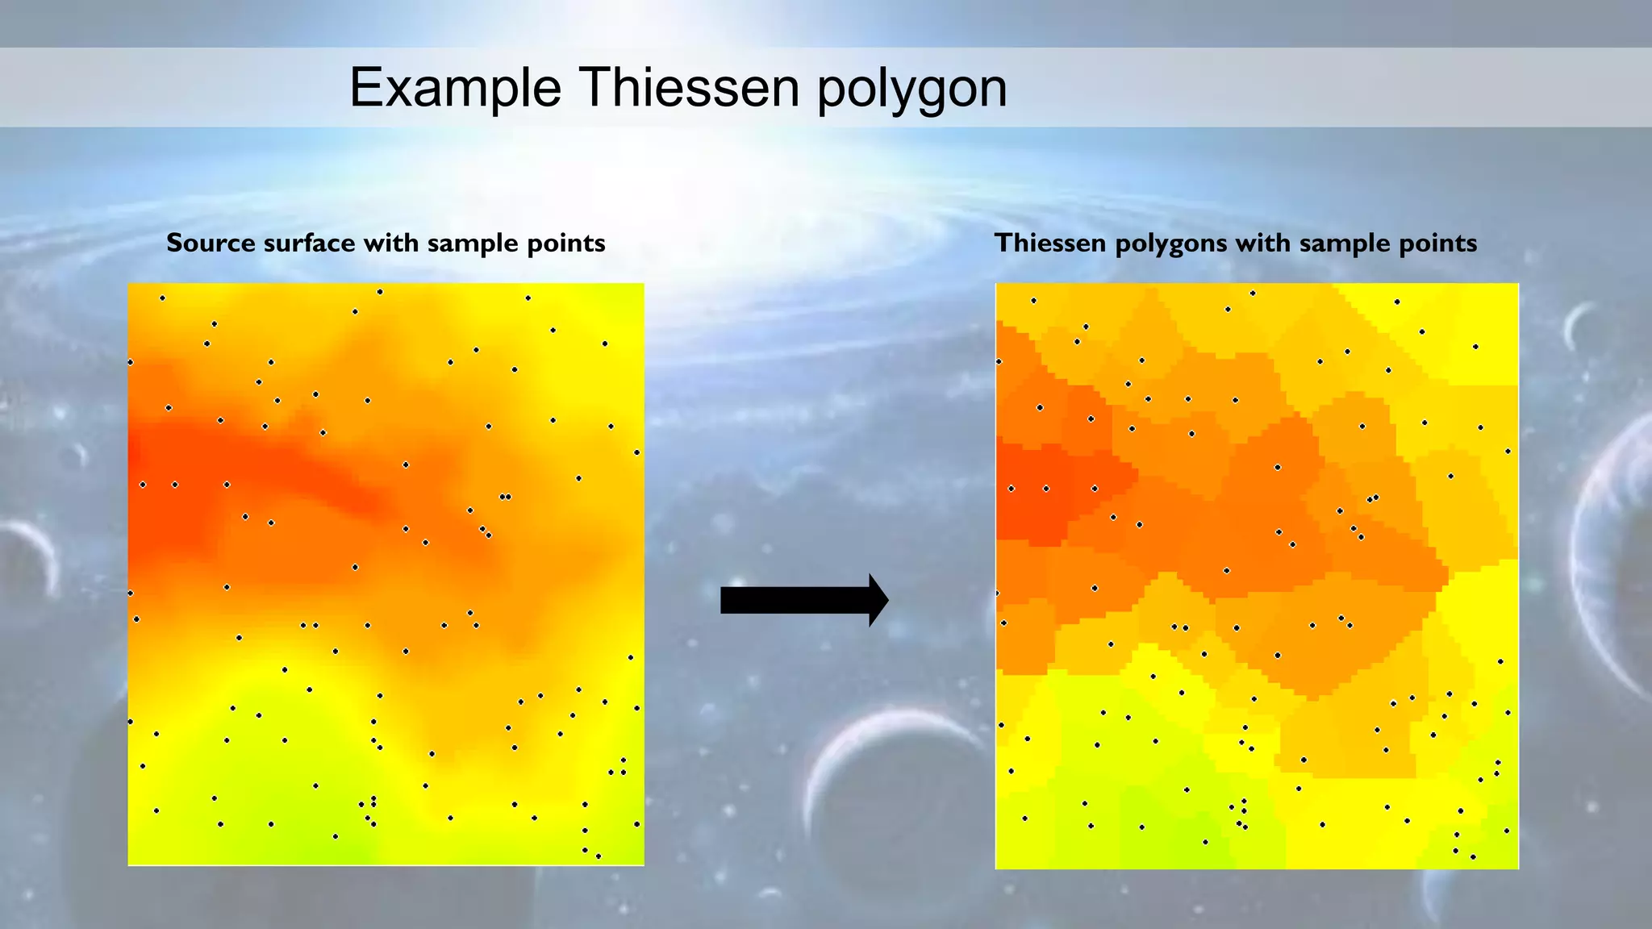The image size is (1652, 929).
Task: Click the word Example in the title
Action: (455, 87)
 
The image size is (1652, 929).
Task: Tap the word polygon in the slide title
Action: (912, 89)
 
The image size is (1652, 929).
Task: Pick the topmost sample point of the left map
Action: (380, 292)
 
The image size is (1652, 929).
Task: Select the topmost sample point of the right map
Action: (1253, 294)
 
